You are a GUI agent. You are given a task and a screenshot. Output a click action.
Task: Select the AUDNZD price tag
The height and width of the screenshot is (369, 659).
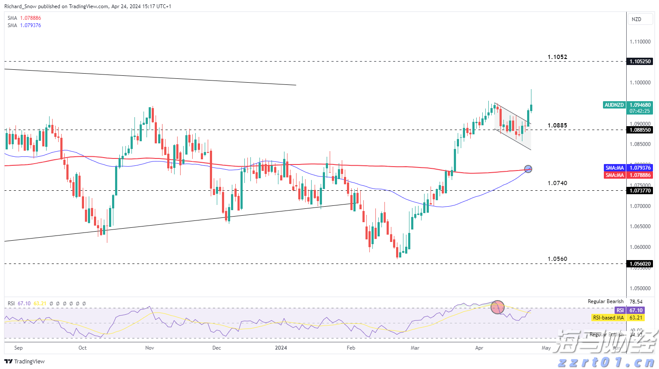(x=614, y=105)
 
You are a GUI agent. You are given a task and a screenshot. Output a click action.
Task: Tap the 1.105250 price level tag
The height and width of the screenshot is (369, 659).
(x=640, y=62)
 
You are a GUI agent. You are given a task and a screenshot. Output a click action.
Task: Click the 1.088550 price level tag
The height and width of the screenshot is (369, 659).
(x=640, y=130)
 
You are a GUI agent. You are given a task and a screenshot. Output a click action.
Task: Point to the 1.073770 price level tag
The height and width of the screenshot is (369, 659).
(x=640, y=191)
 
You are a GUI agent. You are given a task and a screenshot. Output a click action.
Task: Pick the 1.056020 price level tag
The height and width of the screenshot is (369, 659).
(x=640, y=264)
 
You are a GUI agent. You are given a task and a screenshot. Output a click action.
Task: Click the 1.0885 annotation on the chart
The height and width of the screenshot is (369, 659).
(x=557, y=126)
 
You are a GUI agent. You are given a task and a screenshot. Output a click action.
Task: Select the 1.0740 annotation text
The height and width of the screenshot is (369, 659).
(x=557, y=183)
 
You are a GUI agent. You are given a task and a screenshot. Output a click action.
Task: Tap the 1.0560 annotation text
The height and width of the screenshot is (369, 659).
(x=557, y=259)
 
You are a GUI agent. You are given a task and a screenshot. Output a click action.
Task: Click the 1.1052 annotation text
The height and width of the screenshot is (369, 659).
(x=557, y=57)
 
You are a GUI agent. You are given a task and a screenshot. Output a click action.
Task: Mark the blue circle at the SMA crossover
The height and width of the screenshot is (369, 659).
(x=528, y=169)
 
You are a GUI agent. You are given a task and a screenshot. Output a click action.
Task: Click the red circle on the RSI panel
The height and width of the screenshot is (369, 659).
(x=497, y=307)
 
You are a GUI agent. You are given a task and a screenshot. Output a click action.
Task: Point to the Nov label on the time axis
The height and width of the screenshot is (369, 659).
(x=150, y=348)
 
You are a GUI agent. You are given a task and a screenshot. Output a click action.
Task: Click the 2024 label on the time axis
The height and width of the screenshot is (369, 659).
(x=281, y=348)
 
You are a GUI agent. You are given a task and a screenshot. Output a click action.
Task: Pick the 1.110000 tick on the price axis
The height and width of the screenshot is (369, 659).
(x=640, y=42)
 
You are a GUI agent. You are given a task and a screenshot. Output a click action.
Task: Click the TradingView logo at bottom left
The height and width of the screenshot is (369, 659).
(x=25, y=362)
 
